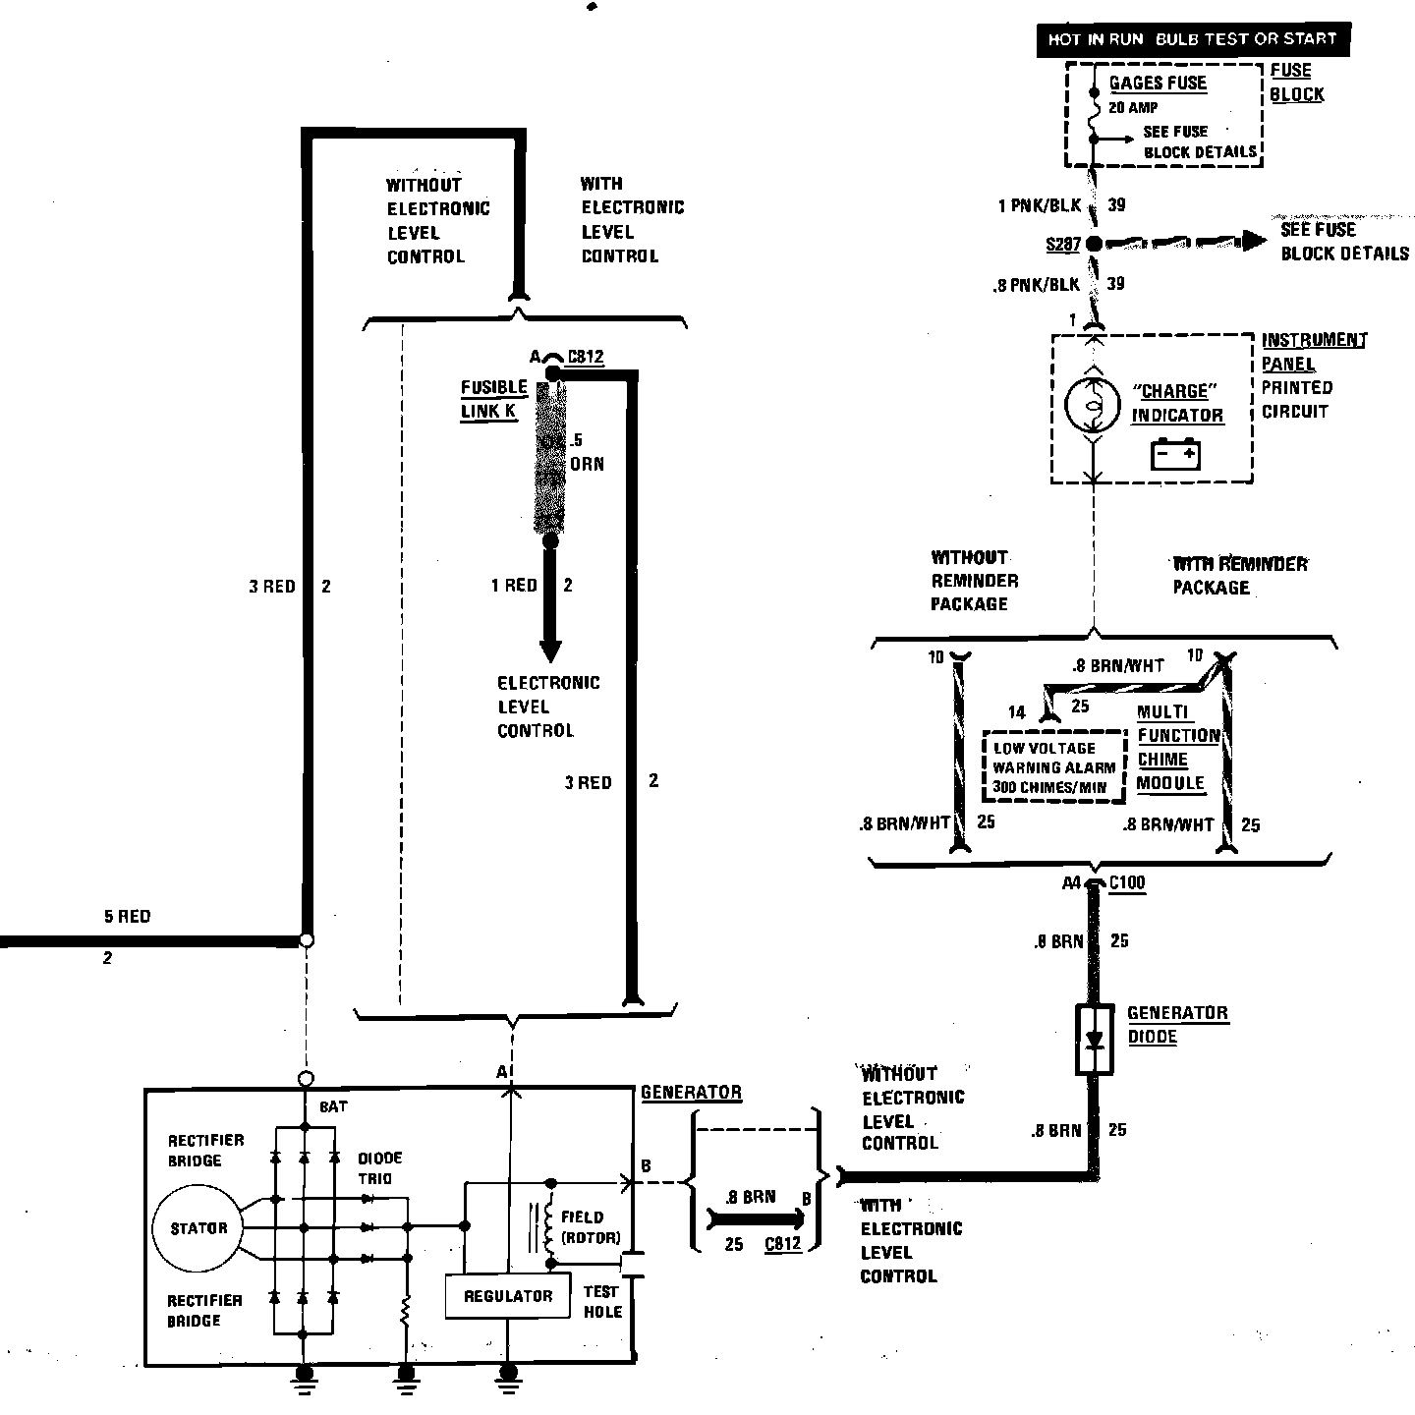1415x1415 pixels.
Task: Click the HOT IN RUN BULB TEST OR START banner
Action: pos(1192,39)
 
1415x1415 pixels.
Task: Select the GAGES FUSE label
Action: pos(1158,84)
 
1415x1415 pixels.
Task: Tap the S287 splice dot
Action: pos(1093,243)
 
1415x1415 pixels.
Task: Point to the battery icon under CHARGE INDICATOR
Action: pos(1175,455)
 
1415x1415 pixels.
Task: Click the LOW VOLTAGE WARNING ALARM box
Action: pos(1053,766)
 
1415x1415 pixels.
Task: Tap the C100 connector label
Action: pos(1126,882)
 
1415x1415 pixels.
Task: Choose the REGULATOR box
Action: pos(507,1296)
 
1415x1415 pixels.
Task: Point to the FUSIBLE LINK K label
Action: pos(493,399)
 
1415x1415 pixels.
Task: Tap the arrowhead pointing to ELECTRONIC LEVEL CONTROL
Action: pos(550,650)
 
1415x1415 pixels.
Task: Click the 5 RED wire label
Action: pos(127,917)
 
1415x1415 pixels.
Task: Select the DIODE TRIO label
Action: pos(379,1168)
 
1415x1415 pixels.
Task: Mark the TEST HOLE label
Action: pos(601,1301)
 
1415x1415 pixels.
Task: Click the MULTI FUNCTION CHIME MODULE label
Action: pos(1176,748)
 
